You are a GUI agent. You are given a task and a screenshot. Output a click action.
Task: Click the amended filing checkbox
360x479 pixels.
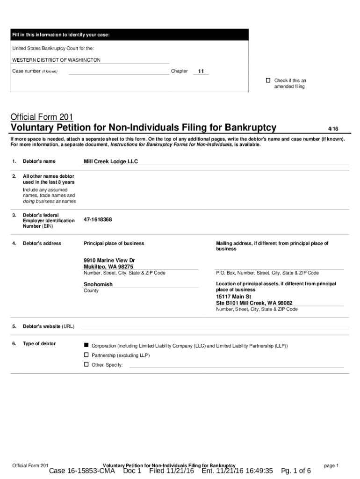click(268, 80)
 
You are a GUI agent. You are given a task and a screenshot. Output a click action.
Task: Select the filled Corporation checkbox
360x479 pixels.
click(86, 345)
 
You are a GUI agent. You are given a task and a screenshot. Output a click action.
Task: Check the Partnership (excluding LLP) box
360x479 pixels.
click(86, 355)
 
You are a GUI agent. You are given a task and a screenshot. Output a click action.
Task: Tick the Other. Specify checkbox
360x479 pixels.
click(86, 364)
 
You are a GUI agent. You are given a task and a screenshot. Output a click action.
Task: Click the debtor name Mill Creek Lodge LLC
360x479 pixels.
click(110, 161)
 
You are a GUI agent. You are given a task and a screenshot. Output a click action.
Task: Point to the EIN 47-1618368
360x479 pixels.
click(98, 219)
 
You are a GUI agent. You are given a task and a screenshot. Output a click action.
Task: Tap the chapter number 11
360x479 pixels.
click(201, 72)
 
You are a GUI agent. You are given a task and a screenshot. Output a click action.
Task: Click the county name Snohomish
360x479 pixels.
click(98, 284)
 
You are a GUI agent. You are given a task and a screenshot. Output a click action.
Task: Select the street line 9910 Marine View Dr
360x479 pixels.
click(109, 260)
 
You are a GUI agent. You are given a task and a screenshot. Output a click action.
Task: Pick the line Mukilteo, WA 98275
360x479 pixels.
click(105, 267)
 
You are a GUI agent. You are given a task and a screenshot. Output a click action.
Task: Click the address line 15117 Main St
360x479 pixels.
click(233, 297)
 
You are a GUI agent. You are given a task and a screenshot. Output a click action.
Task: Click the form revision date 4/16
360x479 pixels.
click(333, 128)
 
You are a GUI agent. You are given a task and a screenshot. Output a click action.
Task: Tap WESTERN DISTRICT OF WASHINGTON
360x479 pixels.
click(56, 60)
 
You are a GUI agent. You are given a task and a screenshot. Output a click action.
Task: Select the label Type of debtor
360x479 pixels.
click(39, 344)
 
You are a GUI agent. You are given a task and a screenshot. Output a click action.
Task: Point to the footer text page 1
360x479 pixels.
click(331, 465)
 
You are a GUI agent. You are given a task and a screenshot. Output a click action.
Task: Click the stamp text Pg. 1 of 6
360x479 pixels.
click(296, 471)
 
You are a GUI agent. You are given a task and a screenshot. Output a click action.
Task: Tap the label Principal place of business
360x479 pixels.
click(114, 243)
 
